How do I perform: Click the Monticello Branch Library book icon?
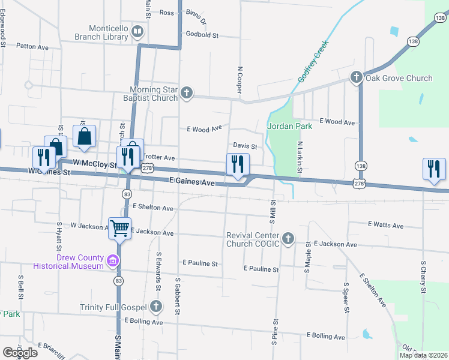pyautogui.click(x=137, y=31)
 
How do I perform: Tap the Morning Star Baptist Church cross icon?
pyautogui.click(x=187, y=92)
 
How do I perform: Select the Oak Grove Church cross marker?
pyautogui.click(x=356, y=77)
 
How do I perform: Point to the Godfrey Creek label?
pyautogui.click(x=314, y=62)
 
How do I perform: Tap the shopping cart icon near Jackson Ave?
pyautogui.click(x=119, y=227)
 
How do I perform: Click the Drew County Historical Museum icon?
pyautogui.click(x=112, y=260)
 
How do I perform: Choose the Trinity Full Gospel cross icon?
pyautogui.click(x=156, y=307)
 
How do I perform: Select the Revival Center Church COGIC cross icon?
pyautogui.click(x=288, y=239)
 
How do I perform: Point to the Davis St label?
pyautogui.click(x=245, y=146)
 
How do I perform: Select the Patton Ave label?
pyautogui.click(x=32, y=46)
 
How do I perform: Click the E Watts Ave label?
pyautogui.click(x=385, y=225)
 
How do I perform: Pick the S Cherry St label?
pyautogui.click(x=423, y=277)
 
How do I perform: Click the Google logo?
pyautogui.click(x=20, y=353)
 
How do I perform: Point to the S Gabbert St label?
pyautogui.click(x=178, y=296)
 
